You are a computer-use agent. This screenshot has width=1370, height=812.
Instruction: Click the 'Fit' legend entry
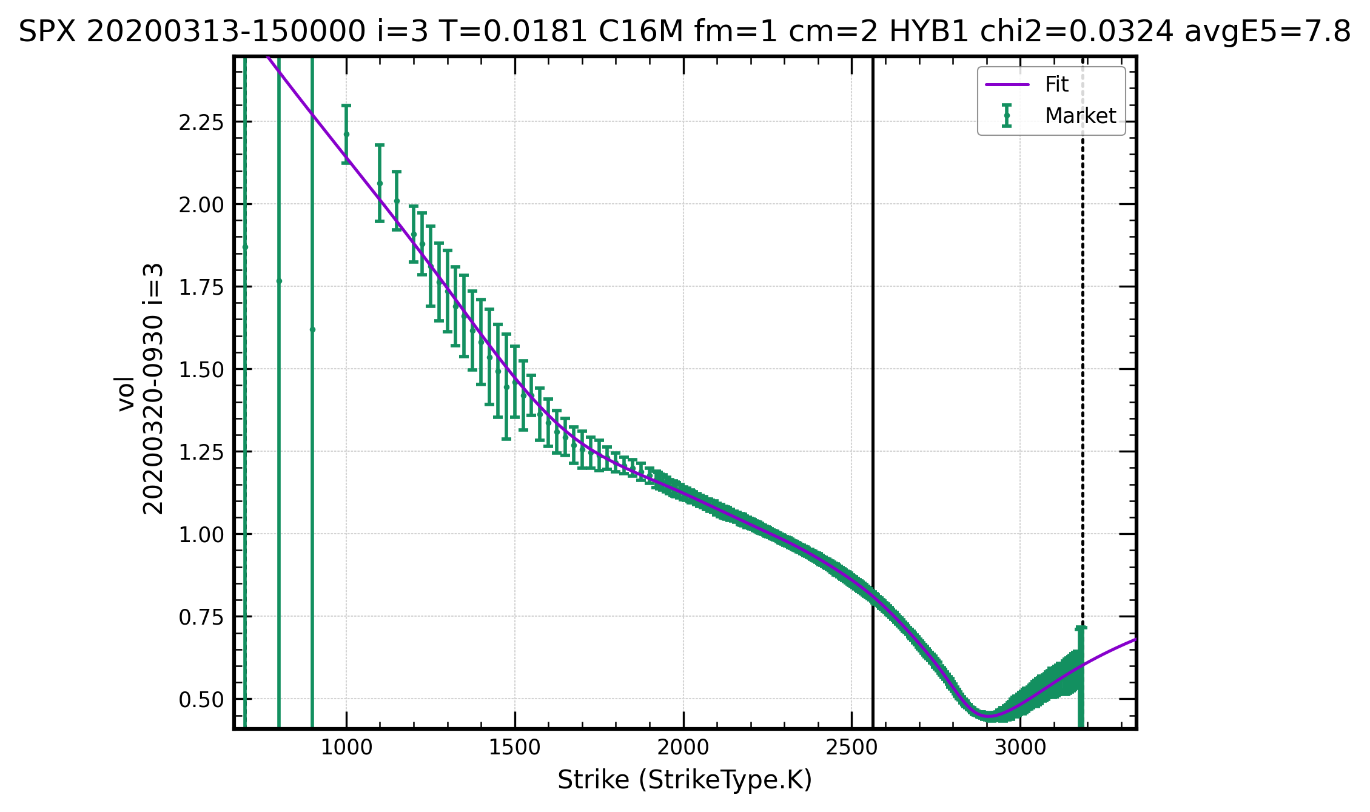pos(1056,84)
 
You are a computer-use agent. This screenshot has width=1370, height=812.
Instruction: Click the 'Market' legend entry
pos(1080,116)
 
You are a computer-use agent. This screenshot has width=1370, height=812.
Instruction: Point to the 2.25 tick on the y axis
pos(201,122)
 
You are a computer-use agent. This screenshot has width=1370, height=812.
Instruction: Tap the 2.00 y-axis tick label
pos(201,204)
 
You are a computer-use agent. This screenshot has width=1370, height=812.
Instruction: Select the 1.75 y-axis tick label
pos(201,287)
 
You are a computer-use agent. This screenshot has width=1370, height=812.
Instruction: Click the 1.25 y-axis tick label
pos(201,452)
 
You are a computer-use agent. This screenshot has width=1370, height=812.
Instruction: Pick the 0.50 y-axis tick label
pos(201,699)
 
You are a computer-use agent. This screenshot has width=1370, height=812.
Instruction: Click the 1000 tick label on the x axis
pos(346,748)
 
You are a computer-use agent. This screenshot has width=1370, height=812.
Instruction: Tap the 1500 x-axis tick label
pos(515,748)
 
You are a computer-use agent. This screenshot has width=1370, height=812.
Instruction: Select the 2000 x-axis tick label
pos(683,748)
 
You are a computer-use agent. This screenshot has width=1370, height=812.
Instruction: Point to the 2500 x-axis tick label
pos(851,748)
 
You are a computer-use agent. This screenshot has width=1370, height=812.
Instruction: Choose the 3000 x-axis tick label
pos(1020,748)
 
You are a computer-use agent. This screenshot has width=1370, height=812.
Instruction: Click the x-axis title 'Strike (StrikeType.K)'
pos(684,780)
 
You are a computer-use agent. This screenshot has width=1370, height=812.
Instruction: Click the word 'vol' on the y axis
pos(126,394)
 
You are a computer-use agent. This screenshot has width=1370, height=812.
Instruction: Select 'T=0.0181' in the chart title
pos(512,32)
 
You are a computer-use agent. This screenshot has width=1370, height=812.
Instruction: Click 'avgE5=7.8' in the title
pos(1268,32)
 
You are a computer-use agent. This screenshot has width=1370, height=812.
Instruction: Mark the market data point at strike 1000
pos(346,134)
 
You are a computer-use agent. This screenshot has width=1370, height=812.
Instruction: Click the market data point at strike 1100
pos(380,183)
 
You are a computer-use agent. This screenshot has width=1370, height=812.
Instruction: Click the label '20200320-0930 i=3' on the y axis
pos(153,389)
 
